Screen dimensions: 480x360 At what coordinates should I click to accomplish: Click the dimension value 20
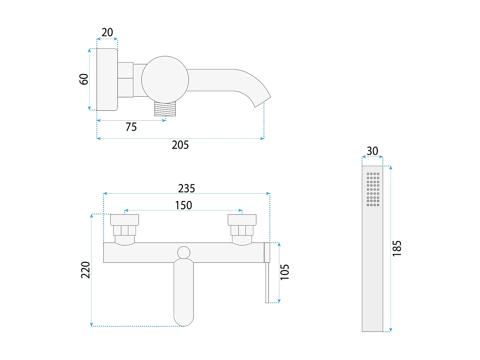[107, 32]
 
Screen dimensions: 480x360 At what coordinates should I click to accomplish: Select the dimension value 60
[84, 79]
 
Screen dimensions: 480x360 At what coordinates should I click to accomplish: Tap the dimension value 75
[131, 127]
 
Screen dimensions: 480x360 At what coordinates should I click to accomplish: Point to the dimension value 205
[180, 145]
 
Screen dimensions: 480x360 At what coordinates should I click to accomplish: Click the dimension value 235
[186, 188]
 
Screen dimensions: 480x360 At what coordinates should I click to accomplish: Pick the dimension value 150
[183, 205]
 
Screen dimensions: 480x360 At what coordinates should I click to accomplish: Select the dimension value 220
[85, 270]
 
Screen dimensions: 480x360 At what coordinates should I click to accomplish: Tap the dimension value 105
[285, 272]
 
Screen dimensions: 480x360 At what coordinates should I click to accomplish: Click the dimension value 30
[372, 151]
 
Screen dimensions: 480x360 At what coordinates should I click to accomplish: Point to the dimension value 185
[397, 249]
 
